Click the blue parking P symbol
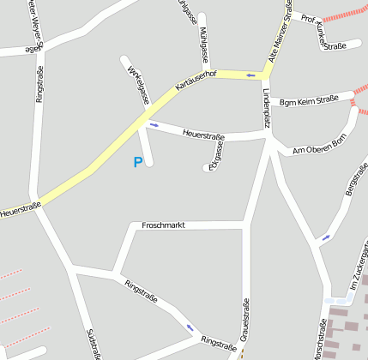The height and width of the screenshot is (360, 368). point(137,162)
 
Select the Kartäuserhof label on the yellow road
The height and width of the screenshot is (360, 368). point(196,81)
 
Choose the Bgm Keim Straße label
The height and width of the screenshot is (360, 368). point(308,100)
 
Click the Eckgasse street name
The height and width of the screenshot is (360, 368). point(216,155)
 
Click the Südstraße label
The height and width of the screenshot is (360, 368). point(93,343)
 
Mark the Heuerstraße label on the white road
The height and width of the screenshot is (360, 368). point(203,135)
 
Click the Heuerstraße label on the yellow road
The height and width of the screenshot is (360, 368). point(21,208)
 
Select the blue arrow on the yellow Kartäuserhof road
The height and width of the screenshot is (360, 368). point(250,75)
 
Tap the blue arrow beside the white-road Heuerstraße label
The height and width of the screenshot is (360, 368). point(154,125)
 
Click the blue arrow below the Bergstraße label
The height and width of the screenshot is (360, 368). point(325,237)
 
